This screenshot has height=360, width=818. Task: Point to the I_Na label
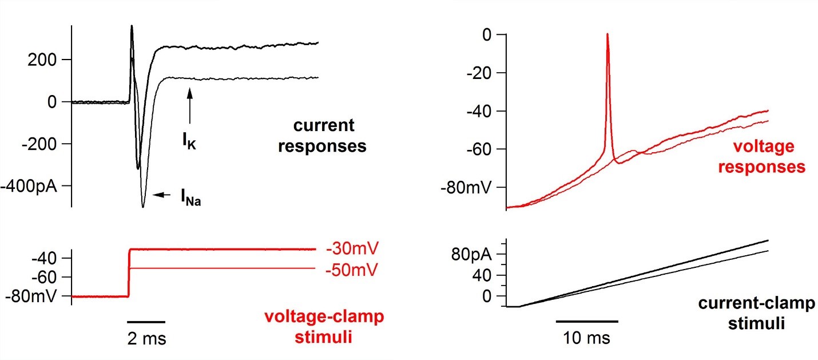tap(190, 199)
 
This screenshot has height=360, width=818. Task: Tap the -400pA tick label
tap(29, 186)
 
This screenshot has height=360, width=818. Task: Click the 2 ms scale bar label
tap(146, 339)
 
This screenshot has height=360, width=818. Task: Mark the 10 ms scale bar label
tap(586, 338)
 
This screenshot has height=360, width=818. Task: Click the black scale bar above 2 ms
tap(146, 321)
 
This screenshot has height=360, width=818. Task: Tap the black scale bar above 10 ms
tap(587, 321)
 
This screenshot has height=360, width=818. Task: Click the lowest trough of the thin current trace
tap(143, 207)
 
